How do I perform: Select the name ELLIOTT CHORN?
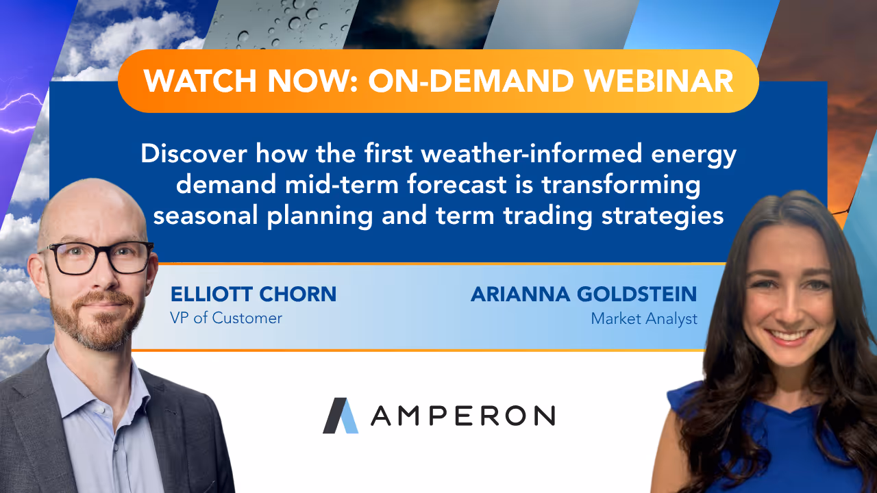click(x=253, y=294)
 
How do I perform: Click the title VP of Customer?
click(x=225, y=318)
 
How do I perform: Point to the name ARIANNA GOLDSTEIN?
click(x=583, y=294)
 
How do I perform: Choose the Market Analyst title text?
click(x=644, y=318)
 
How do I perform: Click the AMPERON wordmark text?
click(x=462, y=415)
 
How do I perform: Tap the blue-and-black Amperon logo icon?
click(x=341, y=415)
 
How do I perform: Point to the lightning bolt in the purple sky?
click(x=21, y=113)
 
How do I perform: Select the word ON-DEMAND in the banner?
click(x=469, y=81)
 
